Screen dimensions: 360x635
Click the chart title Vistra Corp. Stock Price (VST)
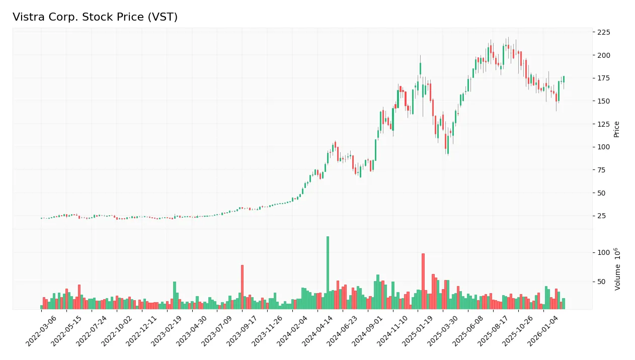coord(95,17)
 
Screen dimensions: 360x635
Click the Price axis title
coord(616,129)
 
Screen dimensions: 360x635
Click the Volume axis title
coord(617,269)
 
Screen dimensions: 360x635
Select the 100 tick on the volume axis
coord(604,252)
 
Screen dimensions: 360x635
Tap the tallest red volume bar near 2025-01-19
coord(423,281)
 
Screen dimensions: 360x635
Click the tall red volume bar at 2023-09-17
coord(242,287)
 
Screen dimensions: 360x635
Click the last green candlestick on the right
coord(564,79)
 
